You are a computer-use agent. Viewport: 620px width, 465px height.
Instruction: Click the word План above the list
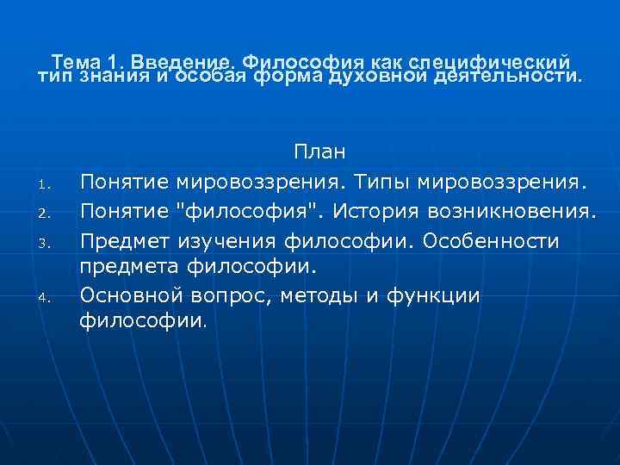pos(320,152)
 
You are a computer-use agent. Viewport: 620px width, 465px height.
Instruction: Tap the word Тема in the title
pos(77,63)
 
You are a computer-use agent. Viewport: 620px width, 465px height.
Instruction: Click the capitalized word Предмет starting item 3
pos(126,240)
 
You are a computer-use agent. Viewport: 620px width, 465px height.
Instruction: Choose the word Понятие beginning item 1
pos(126,182)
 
